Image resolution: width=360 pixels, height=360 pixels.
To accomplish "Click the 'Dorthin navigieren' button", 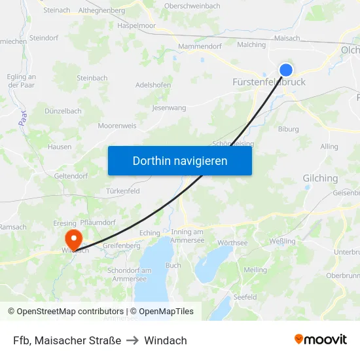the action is tap(179, 160).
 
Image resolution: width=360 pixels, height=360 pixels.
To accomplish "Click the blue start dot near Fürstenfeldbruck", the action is tap(286, 70).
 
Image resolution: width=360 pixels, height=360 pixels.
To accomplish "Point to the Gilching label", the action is tap(320, 178).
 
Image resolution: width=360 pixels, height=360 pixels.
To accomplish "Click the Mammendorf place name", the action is tap(200, 46).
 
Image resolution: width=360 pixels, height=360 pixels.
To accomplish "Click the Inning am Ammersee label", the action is tap(196, 236).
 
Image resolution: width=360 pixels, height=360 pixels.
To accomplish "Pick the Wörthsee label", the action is tap(232, 243).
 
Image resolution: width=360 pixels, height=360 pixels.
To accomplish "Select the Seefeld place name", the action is tap(245, 297).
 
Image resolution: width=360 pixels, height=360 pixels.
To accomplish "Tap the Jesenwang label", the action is tap(169, 107).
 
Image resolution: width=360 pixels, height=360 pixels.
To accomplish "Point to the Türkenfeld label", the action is tap(123, 191).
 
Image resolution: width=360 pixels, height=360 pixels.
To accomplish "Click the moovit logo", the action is tap(320, 340).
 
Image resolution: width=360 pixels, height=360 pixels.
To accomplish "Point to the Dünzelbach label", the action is tap(63, 111).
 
